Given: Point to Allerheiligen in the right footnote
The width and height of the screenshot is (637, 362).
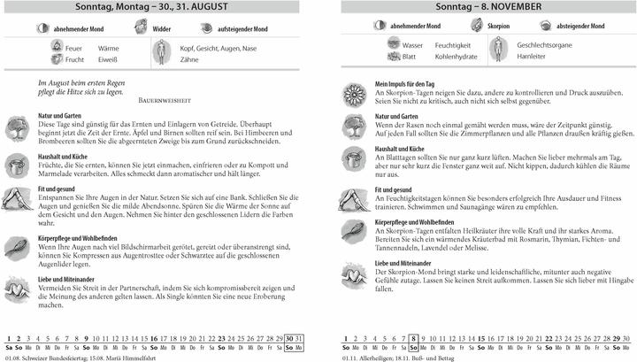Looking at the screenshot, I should pyautogui.click(x=378, y=357).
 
